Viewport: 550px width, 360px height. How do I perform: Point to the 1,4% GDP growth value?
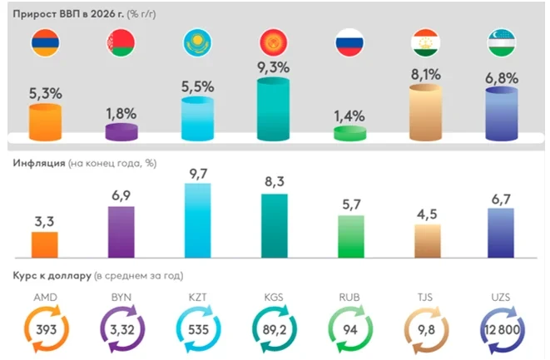pyautogui.click(x=349, y=116)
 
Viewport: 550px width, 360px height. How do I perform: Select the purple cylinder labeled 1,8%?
pyautogui.click(x=121, y=131)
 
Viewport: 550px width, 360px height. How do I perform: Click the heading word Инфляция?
pyautogui.click(x=38, y=163)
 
